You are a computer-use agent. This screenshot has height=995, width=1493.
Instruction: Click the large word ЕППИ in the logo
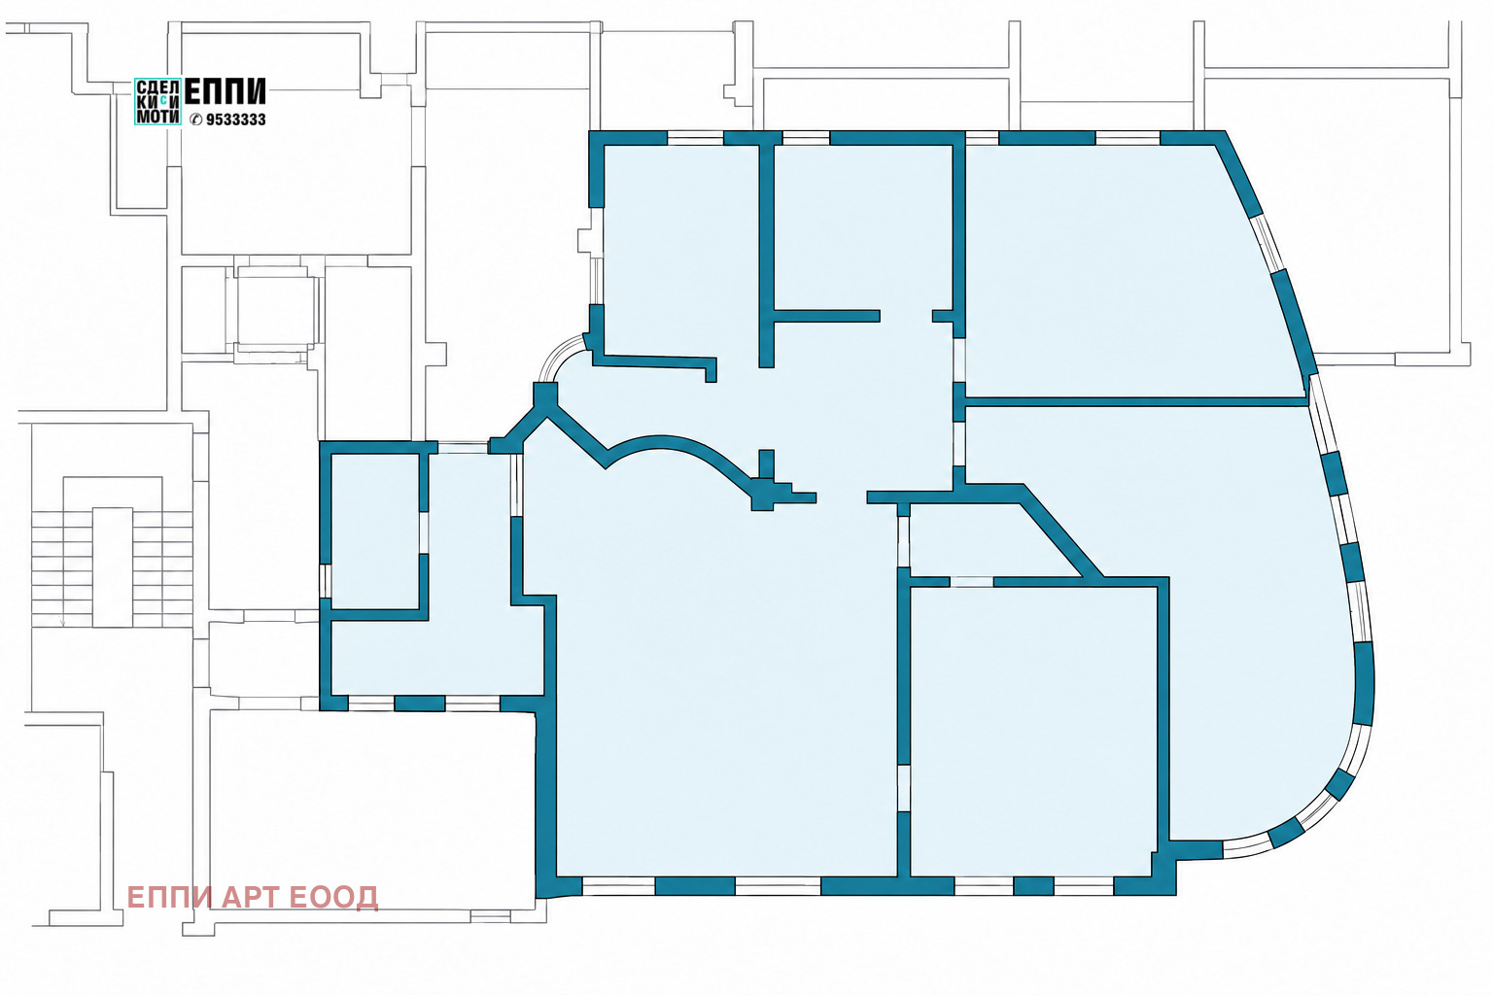pyautogui.click(x=225, y=91)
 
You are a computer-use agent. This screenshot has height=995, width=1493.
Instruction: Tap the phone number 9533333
pyautogui.click(x=236, y=120)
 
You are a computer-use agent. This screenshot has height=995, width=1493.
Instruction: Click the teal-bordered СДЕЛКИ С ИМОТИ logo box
pyautogui.click(x=157, y=101)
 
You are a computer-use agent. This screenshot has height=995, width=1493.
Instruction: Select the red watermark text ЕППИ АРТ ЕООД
pyautogui.click(x=253, y=897)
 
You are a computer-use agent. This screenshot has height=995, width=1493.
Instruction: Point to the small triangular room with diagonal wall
pyautogui.click(x=980, y=540)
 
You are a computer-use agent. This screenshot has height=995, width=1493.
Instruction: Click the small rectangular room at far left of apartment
pyautogui.click(x=374, y=532)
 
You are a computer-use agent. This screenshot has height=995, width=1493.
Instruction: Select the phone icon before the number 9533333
pyautogui.click(x=196, y=120)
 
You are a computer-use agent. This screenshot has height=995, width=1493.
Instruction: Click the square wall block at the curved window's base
pyautogui.click(x=545, y=395)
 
